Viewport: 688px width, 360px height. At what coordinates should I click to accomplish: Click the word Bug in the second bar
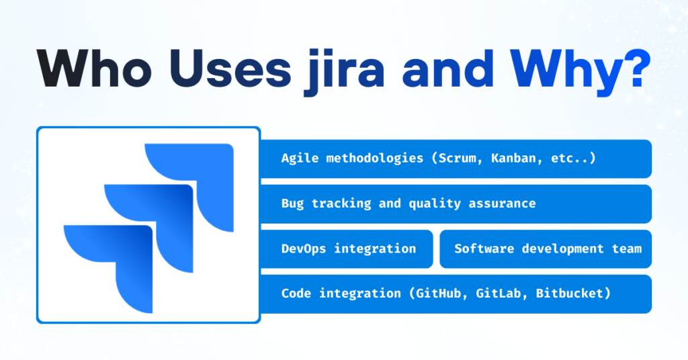[x=292, y=204]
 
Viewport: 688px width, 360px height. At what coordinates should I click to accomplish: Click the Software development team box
[x=546, y=249]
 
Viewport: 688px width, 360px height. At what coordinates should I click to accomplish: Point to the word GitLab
[x=503, y=294]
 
